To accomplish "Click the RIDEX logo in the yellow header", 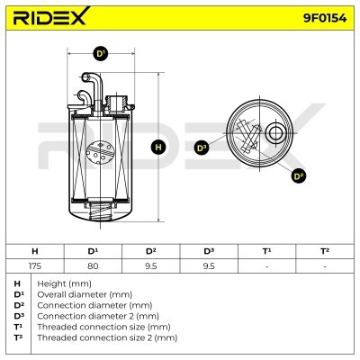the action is pyautogui.click(x=51, y=16).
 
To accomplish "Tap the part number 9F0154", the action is pyautogui.click(x=325, y=19).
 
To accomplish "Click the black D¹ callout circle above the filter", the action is pyautogui.click(x=101, y=54).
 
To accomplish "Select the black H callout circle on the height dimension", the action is pyautogui.click(x=158, y=147).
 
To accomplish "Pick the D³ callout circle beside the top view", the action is pyautogui.click(x=202, y=148).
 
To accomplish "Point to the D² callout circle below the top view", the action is pyautogui.click(x=298, y=176).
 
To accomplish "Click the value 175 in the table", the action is pyautogui.click(x=35, y=265).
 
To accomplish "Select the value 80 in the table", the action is pyautogui.click(x=93, y=265).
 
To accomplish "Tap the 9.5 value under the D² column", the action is pyautogui.click(x=151, y=265).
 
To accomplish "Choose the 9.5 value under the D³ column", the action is pyautogui.click(x=209, y=265).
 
